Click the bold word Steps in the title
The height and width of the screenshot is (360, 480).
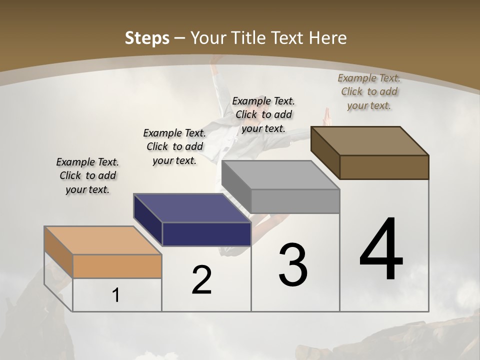(x=146, y=38)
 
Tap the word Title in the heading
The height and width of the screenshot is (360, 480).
(x=250, y=38)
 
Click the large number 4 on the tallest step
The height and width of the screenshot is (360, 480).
(x=381, y=250)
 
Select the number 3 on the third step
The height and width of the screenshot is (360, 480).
(x=293, y=265)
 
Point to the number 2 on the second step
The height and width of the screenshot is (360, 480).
(x=201, y=280)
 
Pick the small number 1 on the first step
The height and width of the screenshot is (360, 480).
(x=116, y=295)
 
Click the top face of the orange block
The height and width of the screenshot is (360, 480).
(x=102, y=240)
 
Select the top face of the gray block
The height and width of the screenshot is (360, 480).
(x=280, y=175)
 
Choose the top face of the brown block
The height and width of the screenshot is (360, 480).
(x=370, y=140)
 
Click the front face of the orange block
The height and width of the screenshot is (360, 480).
(x=117, y=266)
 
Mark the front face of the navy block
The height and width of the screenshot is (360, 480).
(x=206, y=234)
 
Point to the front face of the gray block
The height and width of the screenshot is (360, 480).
(x=295, y=201)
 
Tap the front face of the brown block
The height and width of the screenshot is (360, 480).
(x=384, y=167)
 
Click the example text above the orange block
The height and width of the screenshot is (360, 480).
(x=87, y=175)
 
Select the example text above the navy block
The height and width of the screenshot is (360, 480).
(x=174, y=146)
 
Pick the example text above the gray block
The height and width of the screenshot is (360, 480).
(x=263, y=114)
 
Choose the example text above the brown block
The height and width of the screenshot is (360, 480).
(x=369, y=91)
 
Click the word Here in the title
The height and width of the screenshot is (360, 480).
(x=329, y=38)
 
